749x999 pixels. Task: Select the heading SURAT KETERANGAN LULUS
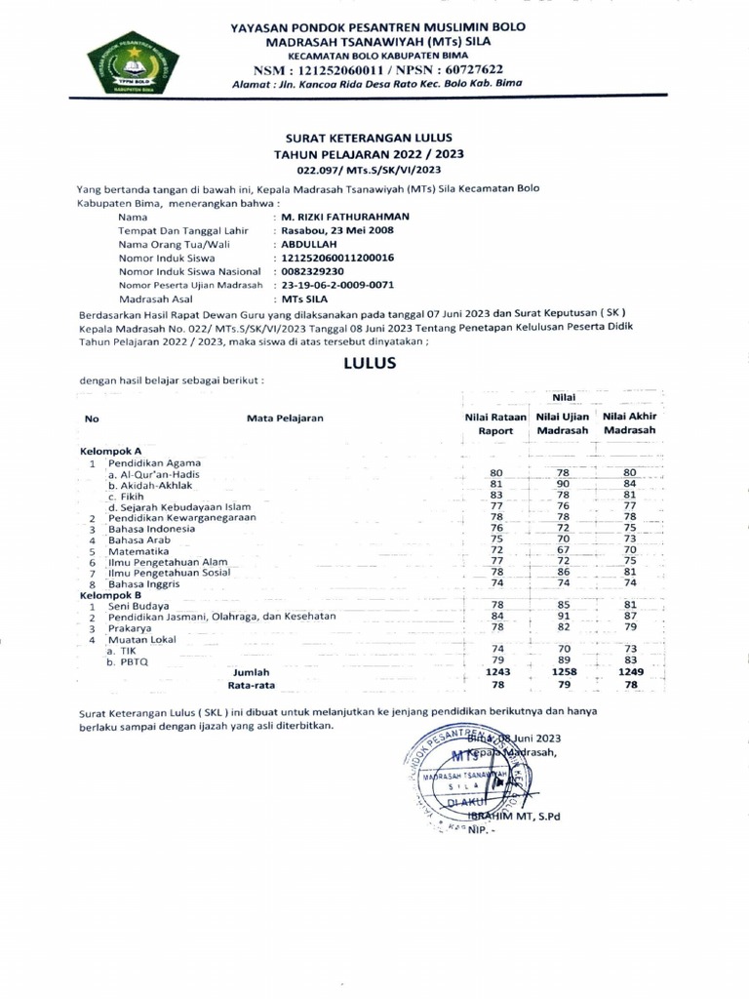pos(369,140)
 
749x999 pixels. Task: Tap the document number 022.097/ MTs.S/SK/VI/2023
pos(369,170)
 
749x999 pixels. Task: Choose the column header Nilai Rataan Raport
pos(495,423)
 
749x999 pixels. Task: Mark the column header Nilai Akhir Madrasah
pos(629,423)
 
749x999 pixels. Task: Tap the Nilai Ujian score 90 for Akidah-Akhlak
pos(563,484)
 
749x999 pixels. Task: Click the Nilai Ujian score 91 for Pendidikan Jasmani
pos(563,617)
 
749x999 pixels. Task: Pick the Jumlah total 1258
pos(563,672)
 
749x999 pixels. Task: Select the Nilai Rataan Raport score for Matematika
pos(495,551)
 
